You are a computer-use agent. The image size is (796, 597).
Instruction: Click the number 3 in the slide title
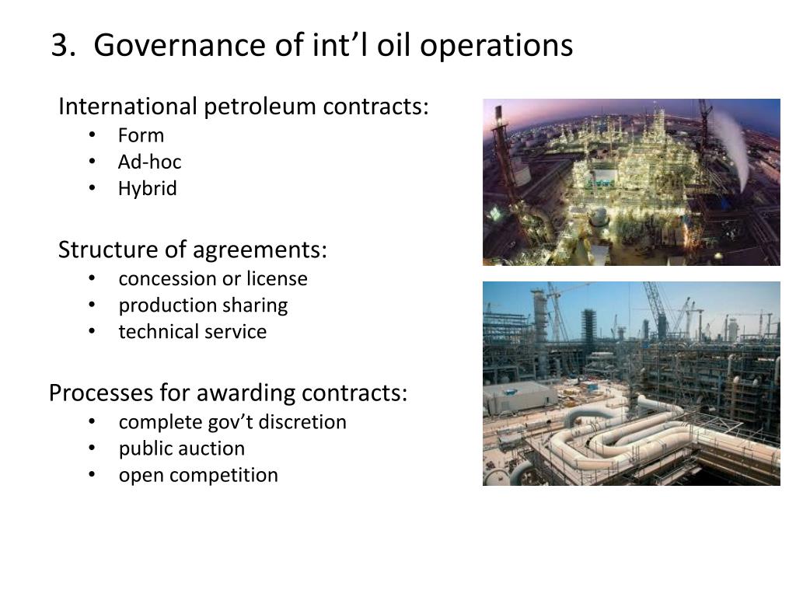tap(59, 46)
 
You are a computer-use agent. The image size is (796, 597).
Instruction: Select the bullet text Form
tap(141, 136)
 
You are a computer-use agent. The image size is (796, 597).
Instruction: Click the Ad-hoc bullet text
tap(149, 162)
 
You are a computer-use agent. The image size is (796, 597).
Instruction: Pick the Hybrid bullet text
tap(148, 189)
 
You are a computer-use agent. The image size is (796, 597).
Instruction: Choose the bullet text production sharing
tap(203, 305)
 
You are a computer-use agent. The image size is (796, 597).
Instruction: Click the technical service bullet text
tap(192, 332)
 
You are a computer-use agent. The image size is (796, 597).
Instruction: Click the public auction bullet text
tap(181, 449)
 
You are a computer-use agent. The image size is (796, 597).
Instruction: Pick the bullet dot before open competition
tap(93, 475)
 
